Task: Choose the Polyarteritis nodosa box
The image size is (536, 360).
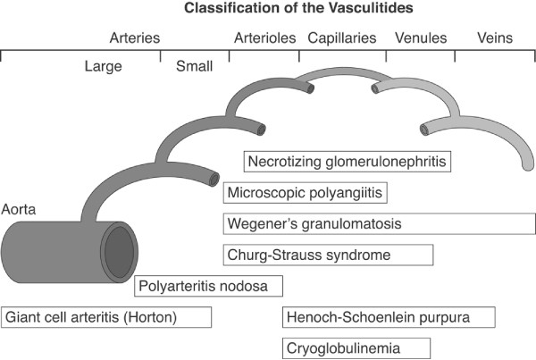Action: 209,286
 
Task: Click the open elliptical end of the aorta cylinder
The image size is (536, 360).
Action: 117,253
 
